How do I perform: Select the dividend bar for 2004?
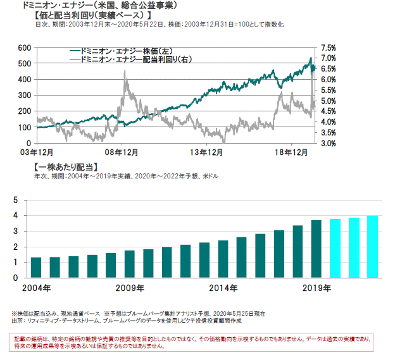[x=36, y=268]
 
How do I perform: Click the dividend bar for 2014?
[x=223, y=259]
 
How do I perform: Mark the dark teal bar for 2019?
[x=317, y=249]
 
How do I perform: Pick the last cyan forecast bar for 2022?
[x=373, y=247]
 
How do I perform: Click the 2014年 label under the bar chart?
[x=223, y=288]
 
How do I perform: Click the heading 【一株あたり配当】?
[x=64, y=166]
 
